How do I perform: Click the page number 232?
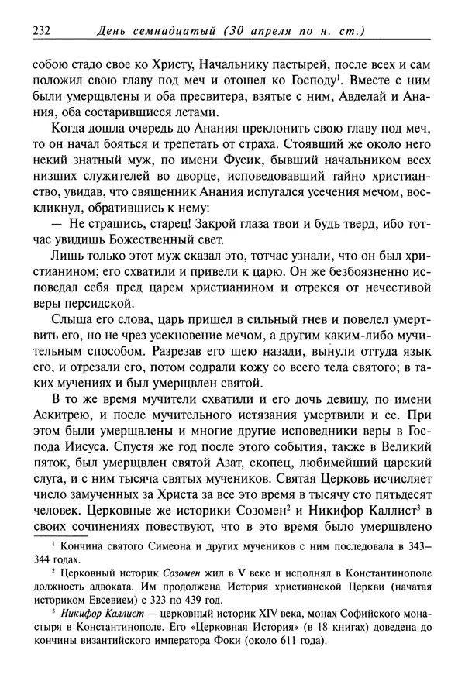(x=41, y=31)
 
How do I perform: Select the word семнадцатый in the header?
(x=172, y=31)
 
